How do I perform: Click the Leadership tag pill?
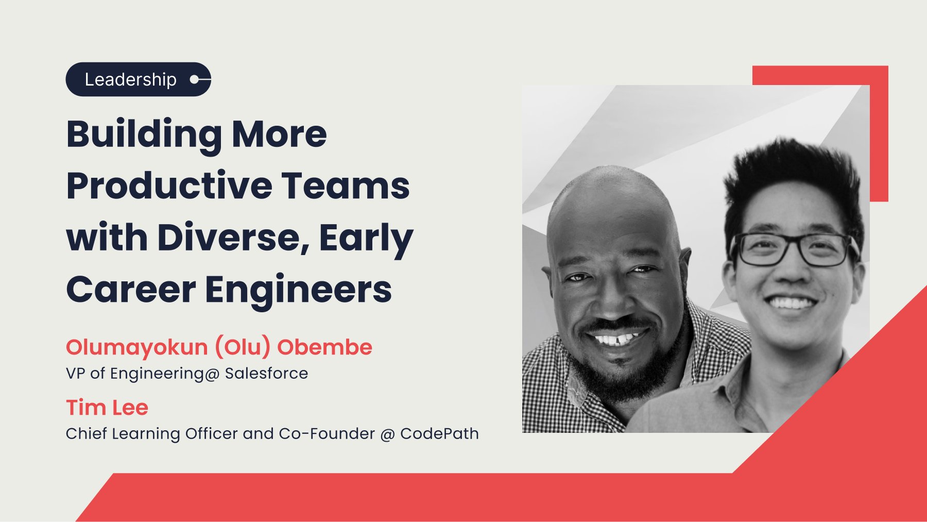[x=138, y=79]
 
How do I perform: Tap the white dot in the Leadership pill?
[x=195, y=79]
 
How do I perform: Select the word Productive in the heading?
[x=169, y=185]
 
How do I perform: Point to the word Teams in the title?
[x=346, y=186]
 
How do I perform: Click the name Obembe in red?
[x=324, y=347]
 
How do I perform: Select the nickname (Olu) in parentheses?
[x=243, y=348]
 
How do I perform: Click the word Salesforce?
[x=266, y=373]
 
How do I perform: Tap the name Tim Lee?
[x=107, y=408]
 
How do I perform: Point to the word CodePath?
[x=439, y=433]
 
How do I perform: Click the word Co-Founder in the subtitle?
[x=327, y=433]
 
